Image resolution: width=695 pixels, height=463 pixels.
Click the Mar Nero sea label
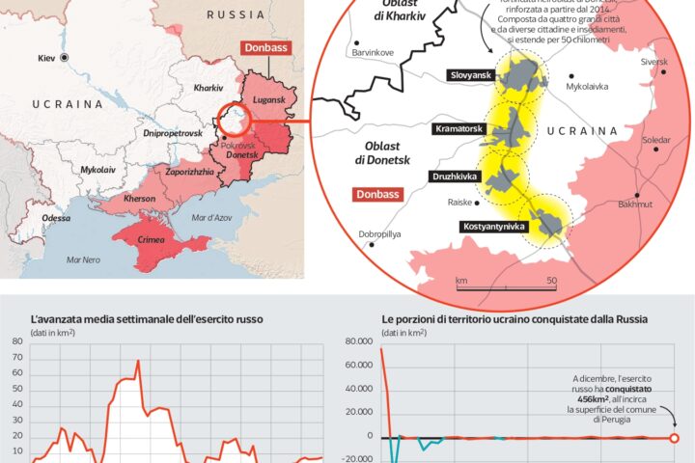coord(83,260)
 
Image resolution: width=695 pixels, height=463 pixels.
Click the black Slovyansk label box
coord(470,75)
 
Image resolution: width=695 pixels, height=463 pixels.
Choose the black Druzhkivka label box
coord(455,177)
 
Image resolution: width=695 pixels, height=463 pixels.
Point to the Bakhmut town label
coord(634,204)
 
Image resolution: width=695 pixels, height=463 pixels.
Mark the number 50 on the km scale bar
coord(552,281)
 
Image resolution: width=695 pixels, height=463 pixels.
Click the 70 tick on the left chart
coord(17,356)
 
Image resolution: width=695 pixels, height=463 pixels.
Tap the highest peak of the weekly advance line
coord(138,362)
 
